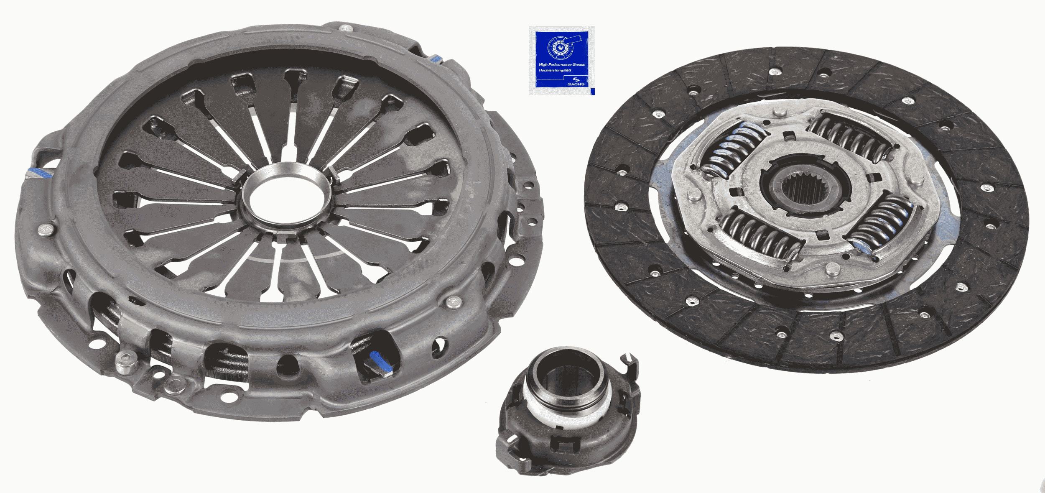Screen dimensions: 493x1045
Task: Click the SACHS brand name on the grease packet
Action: click(576, 84)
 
